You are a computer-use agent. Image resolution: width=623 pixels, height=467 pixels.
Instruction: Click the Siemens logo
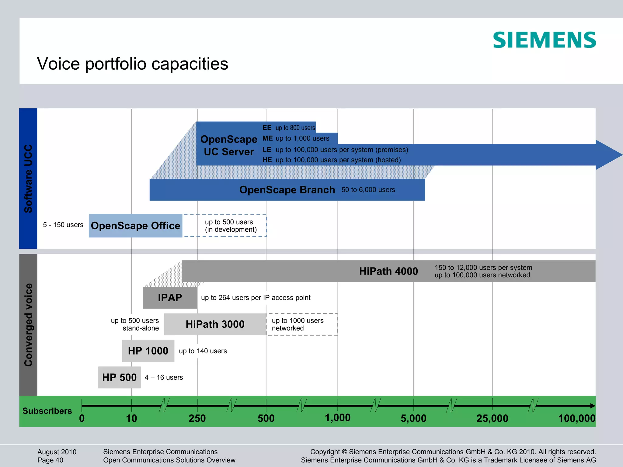pyautogui.click(x=544, y=40)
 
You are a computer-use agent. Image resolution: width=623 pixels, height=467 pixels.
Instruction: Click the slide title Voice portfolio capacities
pyautogui.click(x=132, y=64)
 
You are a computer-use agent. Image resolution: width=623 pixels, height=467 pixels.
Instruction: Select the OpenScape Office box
pyautogui.click(x=135, y=226)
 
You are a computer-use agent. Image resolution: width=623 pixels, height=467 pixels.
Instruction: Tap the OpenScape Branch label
pyautogui.click(x=287, y=190)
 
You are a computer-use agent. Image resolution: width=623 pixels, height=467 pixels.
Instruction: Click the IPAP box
pyautogui.click(x=170, y=297)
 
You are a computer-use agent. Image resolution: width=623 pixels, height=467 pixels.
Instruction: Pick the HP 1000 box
pyautogui.click(x=148, y=351)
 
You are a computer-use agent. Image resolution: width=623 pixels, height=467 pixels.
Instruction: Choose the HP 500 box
pyautogui.click(x=119, y=377)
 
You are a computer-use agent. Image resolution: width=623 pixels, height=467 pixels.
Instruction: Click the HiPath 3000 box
pyautogui.click(x=215, y=324)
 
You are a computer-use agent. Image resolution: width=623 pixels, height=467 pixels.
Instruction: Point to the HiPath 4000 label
pyautogui.click(x=388, y=271)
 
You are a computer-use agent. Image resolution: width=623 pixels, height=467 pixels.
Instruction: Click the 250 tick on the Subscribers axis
pyautogui.click(x=197, y=418)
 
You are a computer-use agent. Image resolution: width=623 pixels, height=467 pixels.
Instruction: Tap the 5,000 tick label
pyautogui.click(x=413, y=418)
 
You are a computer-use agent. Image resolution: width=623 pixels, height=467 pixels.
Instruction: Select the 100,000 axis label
pyautogui.click(x=576, y=418)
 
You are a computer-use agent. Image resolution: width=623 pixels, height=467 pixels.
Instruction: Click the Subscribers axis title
pyautogui.click(x=47, y=411)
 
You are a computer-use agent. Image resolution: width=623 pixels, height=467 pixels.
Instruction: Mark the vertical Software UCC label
pyautogui.click(x=28, y=179)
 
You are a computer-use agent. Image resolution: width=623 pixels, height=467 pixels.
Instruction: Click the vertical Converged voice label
pyautogui.click(x=28, y=325)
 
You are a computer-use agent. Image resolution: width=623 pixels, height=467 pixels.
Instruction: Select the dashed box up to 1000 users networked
pyautogui.click(x=302, y=324)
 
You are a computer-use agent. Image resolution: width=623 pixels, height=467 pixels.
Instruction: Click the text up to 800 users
pyautogui.click(x=295, y=128)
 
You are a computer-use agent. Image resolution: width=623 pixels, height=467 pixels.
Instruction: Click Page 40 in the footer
pyautogui.click(x=50, y=460)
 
